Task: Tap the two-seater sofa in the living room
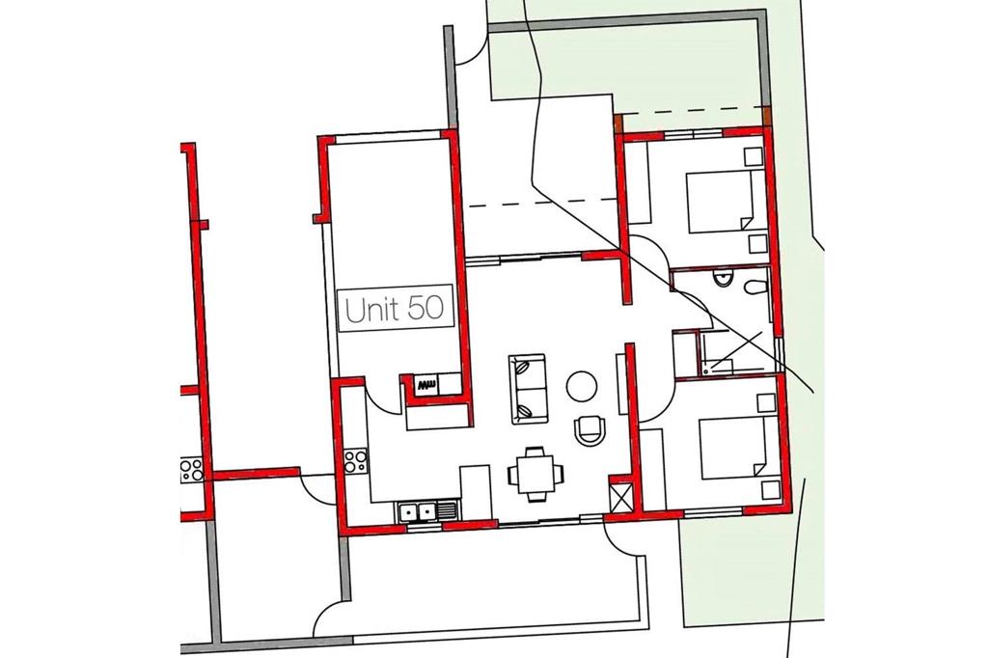click(x=528, y=389)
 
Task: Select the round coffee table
click(x=581, y=386)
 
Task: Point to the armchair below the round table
click(x=590, y=430)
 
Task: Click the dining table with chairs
click(x=536, y=474)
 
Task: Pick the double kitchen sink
click(x=426, y=510)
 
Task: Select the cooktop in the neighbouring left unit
click(x=192, y=470)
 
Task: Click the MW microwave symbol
click(x=425, y=384)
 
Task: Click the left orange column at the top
click(x=618, y=123)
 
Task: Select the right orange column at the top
click(x=767, y=118)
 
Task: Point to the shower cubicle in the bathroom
click(x=734, y=351)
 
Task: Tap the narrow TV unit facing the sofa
click(x=621, y=384)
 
